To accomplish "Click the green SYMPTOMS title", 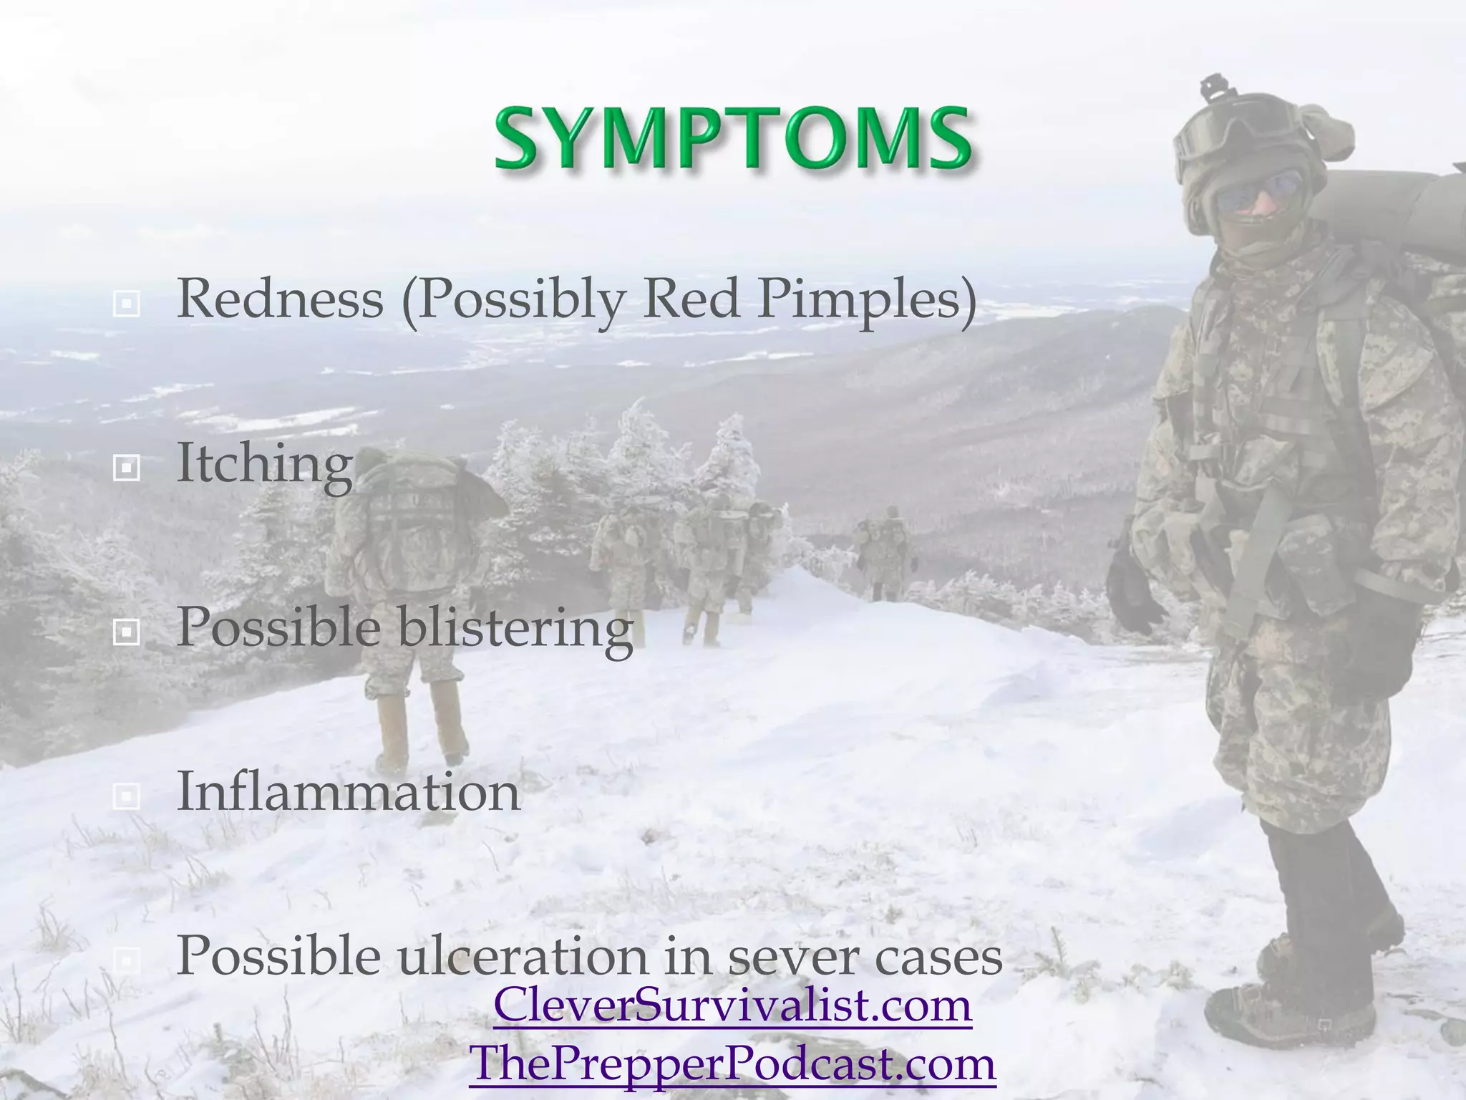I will point(732,137).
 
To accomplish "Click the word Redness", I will point(280,299).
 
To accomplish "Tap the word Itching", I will point(264,464).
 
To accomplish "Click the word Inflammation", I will point(349,792).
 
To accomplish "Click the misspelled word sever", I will point(795,957).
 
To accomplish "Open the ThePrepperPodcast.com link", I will point(732,1063).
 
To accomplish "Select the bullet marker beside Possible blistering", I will point(127,632).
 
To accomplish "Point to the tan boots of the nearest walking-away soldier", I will point(422,723).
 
